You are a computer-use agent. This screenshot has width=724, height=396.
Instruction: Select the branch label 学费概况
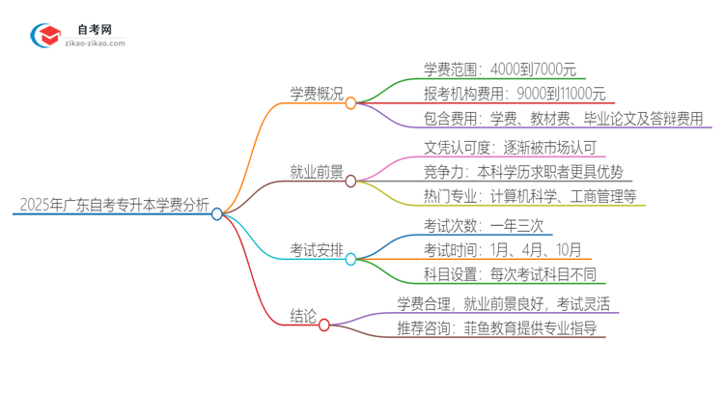click(x=317, y=93)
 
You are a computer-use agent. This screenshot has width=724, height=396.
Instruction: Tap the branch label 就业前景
click(x=317, y=171)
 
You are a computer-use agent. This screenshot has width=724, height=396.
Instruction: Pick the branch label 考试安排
click(x=317, y=249)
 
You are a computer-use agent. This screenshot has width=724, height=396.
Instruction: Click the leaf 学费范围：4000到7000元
click(x=499, y=69)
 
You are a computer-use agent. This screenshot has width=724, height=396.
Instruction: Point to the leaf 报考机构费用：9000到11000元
click(x=514, y=94)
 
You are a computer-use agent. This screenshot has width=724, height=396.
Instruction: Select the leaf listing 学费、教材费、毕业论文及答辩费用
click(x=569, y=119)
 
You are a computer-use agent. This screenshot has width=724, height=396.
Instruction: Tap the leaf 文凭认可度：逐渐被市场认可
click(x=511, y=147)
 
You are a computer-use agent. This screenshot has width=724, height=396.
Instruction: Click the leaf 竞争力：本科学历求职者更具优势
click(x=527, y=172)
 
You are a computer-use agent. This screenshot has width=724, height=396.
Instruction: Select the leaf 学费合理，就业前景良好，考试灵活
click(x=502, y=303)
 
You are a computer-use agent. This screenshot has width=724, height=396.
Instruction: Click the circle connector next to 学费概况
click(x=351, y=102)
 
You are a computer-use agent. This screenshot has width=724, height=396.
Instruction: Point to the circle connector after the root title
click(x=217, y=213)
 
